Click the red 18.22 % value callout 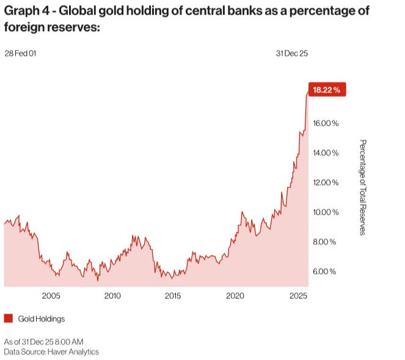(x=328, y=90)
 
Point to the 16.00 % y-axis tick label (x=326, y=123)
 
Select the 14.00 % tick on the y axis (x=326, y=153)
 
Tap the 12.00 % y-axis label (x=326, y=182)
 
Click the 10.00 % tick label (x=326, y=212)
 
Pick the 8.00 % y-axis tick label (x=324, y=242)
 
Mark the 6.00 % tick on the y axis (x=324, y=272)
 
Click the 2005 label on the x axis (x=51, y=296)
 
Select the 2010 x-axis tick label (x=112, y=296)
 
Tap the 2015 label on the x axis (x=173, y=296)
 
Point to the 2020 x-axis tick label (x=235, y=296)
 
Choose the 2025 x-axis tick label (x=297, y=296)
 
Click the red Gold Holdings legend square (x=9, y=319)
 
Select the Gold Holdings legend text (x=42, y=319)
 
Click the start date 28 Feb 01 (x=20, y=53)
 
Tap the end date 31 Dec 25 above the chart (x=291, y=53)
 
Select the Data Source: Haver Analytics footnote (x=51, y=351)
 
